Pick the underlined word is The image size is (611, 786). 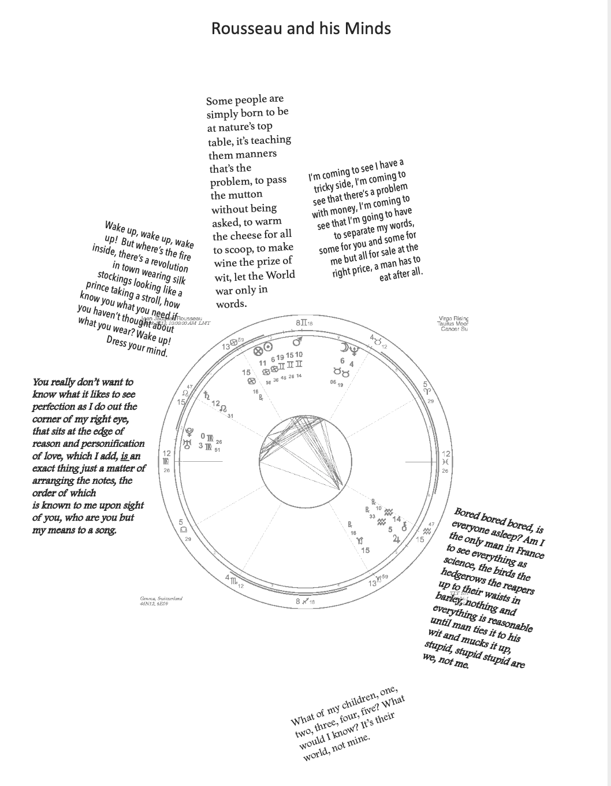click(x=124, y=456)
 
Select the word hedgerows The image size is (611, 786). click(x=464, y=577)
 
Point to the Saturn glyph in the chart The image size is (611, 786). click(x=206, y=396)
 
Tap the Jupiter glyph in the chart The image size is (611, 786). click(x=396, y=539)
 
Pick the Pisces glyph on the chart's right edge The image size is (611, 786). click(x=445, y=462)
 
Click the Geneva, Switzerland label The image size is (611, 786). click(x=161, y=598)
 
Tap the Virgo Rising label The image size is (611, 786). click(x=453, y=318)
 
